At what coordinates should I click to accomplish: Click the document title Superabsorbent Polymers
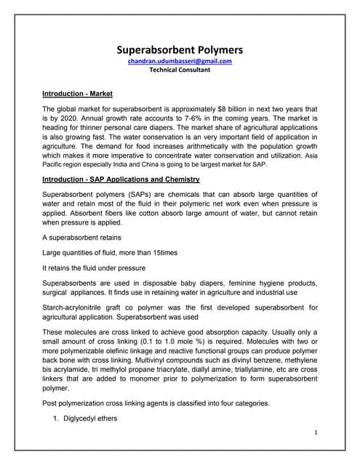[180, 50]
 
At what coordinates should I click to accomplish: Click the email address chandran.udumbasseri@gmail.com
[180, 62]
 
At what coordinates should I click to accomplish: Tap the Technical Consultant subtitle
[180, 70]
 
